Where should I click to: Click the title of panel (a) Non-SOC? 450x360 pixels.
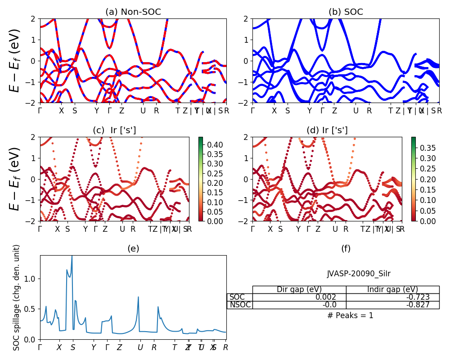[x=133, y=12]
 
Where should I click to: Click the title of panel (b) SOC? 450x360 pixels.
[x=346, y=12]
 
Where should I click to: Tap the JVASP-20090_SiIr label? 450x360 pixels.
[x=359, y=274]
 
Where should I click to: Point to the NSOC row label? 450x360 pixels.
[x=240, y=305]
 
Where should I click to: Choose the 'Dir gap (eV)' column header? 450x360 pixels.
[x=299, y=289]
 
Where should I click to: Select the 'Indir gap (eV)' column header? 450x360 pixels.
[x=392, y=289]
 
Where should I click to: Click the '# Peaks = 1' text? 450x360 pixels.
[x=350, y=315]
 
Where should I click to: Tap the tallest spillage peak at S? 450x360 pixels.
[x=72, y=256]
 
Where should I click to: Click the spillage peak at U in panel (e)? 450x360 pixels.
[x=138, y=297]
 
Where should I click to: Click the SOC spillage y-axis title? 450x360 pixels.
[x=17, y=297]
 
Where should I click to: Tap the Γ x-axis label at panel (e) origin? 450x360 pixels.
[x=40, y=347]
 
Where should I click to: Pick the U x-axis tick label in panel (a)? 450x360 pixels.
[x=143, y=111]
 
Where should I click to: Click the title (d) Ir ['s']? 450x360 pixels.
[x=327, y=130]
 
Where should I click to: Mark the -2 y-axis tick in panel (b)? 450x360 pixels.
[x=243, y=103]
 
